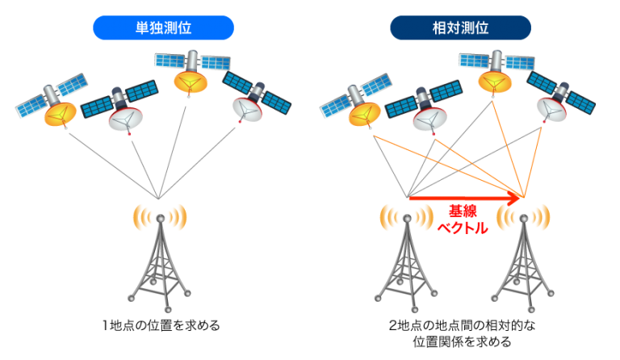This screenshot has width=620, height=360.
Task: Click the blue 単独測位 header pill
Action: tap(163, 27)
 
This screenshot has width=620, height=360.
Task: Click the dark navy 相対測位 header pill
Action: tap(460, 27)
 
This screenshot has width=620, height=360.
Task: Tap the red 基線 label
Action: tap(463, 211)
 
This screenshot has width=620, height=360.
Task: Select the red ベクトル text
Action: tap(463, 228)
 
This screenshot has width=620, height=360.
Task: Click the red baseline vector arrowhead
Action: tap(513, 198)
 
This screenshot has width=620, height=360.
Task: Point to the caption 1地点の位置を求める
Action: tap(161, 325)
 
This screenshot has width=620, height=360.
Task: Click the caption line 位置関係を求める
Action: tap(462, 341)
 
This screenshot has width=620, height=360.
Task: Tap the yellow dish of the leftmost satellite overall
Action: tap(60, 114)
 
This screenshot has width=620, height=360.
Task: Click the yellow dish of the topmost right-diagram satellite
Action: tap(495, 82)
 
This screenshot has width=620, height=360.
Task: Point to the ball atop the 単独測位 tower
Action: tap(160, 218)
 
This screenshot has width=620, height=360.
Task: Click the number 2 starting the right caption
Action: tap(392, 325)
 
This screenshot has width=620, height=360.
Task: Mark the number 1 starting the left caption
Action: tap(105, 325)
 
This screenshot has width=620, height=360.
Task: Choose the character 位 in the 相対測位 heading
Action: tap(482, 27)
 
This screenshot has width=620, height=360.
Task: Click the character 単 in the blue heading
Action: tap(142, 27)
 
